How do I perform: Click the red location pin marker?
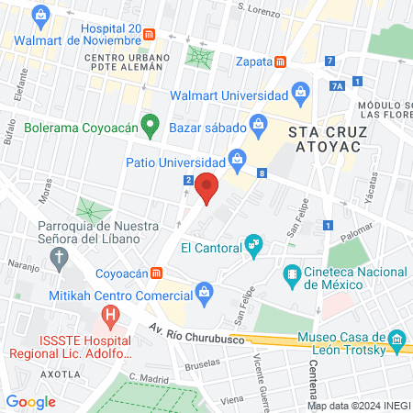pos(207,188)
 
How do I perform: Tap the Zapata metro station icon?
pos(280,61)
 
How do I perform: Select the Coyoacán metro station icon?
pos(157,273)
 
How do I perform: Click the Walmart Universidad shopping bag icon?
pos(299,92)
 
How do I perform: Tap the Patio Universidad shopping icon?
pos(237,158)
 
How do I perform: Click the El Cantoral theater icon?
pos(253,245)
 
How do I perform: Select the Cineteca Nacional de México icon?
pos(291,273)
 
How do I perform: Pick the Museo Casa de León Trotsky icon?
pos(396,339)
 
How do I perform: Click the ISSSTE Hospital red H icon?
pos(110,318)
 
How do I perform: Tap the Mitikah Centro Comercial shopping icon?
pos(205,295)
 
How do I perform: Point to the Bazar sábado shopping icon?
pos(259,122)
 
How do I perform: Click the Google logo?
pos(31,401)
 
